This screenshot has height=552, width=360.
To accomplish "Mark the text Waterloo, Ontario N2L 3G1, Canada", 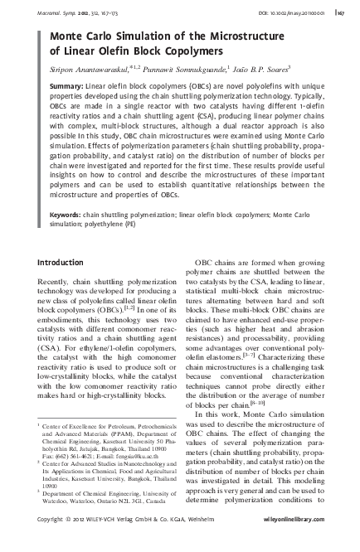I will pyautogui.click(x=99, y=501).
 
